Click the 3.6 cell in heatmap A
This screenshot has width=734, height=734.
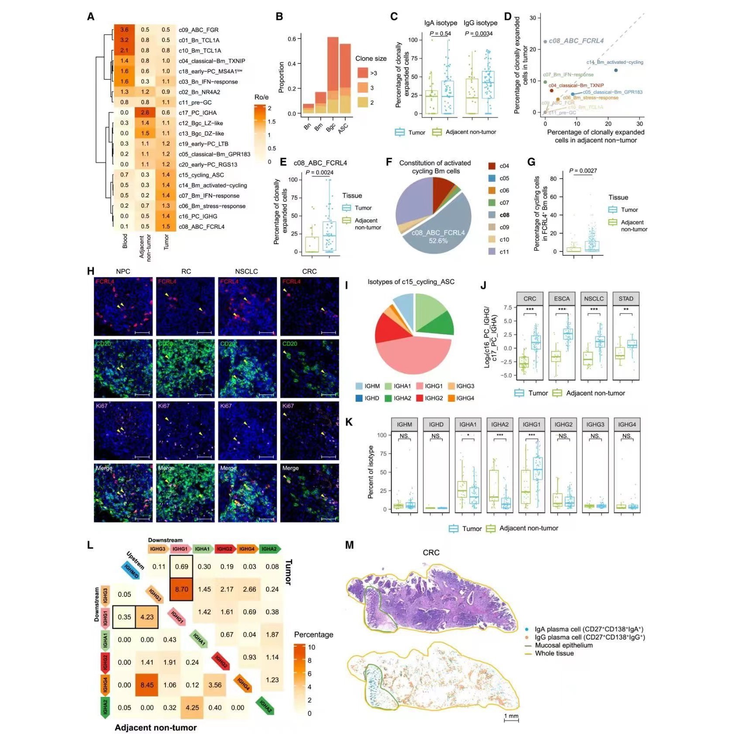pyautogui.click(x=124, y=30)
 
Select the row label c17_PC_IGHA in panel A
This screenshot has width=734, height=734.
pyautogui.click(x=197, y=113)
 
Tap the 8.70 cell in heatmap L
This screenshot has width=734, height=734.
pyautogui.click(x=181, y=589)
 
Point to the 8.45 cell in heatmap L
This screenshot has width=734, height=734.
pyautogui.click(x=147, y=685)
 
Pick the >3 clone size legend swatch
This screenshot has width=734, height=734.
pyautogui.click(x=362, y=72)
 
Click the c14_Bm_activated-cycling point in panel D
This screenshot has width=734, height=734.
pyautogui.click(x=616, y=70)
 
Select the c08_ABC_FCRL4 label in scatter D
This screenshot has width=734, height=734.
pyautogui.click(x=576, y=41)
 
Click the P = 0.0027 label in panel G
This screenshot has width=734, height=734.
pyautogui.click(x=583, y=171)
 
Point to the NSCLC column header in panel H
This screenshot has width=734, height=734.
pyautogui.click(x=246, y=271)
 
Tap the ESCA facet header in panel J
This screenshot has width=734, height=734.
pyautogui.click(x=562, y=299)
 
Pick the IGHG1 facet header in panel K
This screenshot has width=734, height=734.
pyautogui.click(x=531, y=424)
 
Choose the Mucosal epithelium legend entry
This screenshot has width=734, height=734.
pyautogui.click(x=563, y=645)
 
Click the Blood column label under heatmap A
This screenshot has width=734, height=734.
pyautogui.click(x=125, y=241)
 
